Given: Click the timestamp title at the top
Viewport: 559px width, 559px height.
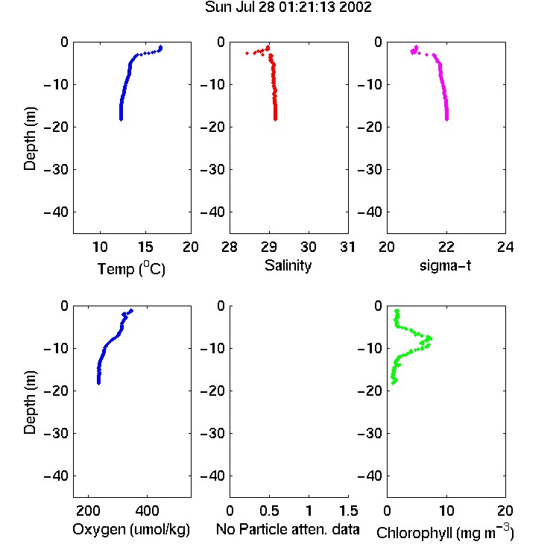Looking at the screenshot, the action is [288, 7].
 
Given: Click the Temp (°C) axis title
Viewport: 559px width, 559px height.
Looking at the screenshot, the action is [131, 268].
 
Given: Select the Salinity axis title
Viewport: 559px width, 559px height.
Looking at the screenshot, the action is [288, 265].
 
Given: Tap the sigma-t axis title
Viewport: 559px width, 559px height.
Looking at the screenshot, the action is [445, 265].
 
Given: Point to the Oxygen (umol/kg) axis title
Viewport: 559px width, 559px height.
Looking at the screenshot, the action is [131, 530].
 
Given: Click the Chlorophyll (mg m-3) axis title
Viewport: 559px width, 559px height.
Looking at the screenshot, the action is [445, 532].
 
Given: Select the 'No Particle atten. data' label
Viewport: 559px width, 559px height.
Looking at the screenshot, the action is [288, 529].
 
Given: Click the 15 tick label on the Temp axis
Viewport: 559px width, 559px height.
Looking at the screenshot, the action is [145, 247].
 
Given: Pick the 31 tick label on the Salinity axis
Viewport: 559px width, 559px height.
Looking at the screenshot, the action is [347, 247].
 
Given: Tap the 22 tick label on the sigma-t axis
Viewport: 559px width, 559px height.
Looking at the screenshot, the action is [446, 247].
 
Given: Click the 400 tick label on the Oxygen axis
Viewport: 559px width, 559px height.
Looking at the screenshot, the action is [147, 511].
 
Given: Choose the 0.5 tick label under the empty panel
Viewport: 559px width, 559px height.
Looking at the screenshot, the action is [269, 511].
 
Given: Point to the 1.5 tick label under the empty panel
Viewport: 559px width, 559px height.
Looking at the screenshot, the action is [348, 511].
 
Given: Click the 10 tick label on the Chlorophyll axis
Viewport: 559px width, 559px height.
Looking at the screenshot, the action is [446, 511].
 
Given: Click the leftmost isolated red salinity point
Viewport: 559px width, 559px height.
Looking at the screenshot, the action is [247, 53].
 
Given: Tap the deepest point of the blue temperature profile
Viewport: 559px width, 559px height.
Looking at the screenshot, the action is [121, 119].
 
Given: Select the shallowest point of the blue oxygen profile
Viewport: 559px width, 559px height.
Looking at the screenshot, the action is [131, 311].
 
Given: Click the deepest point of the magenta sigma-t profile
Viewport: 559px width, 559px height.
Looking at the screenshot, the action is [446, 119].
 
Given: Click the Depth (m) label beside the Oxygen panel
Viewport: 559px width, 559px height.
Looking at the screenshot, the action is [30, 402].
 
